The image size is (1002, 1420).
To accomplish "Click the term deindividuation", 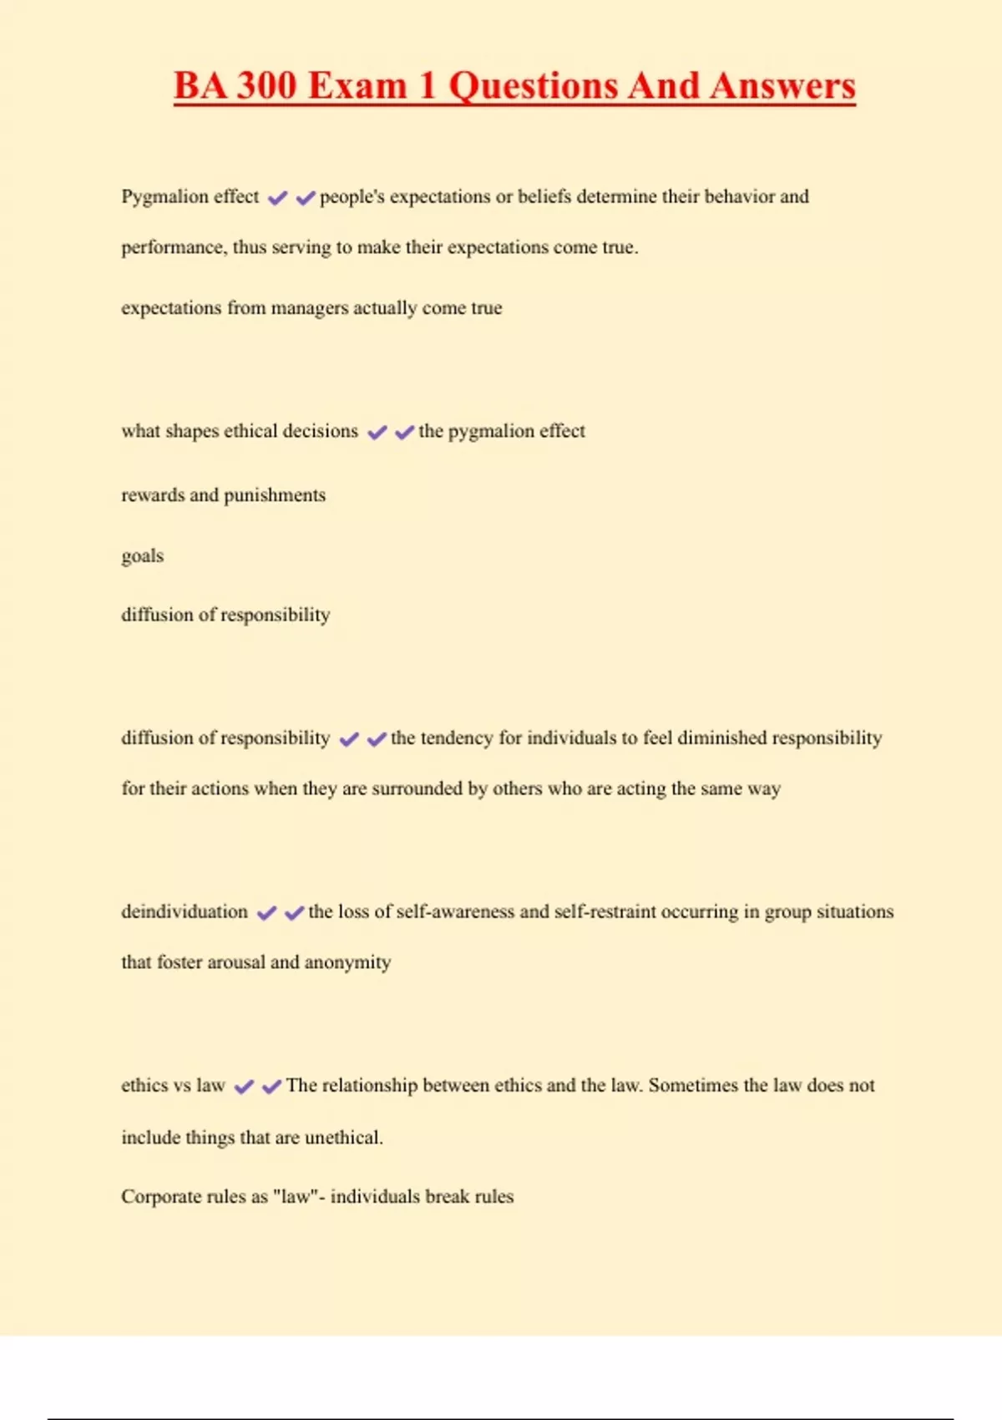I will [185, 911].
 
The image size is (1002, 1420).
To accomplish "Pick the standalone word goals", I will [142, 556].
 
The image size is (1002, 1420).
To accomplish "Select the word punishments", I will [275, 495].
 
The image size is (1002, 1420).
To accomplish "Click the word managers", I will [309, 308].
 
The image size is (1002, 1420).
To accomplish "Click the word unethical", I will [343, 1138].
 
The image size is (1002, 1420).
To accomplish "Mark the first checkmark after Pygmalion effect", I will [277, 198].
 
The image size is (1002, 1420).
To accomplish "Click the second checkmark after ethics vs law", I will [271, 1087].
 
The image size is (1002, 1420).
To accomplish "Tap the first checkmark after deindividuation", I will [266, 913].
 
